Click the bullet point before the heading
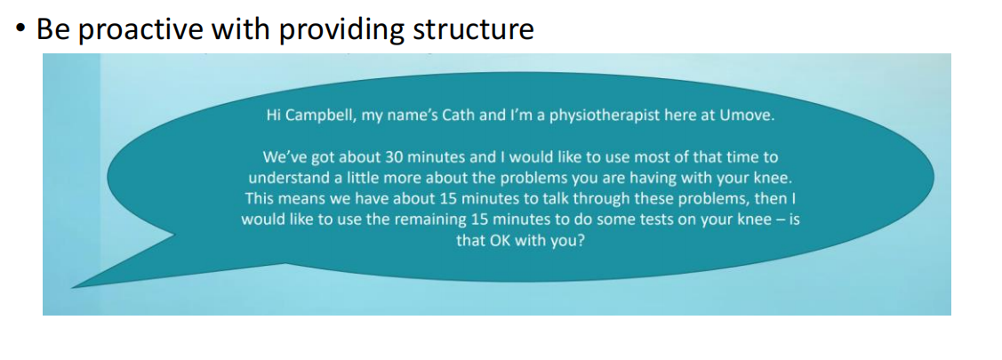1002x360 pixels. [20, 28]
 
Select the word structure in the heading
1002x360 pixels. [473, 28]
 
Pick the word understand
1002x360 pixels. [287, 178]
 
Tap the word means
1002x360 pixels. [302, 198]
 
